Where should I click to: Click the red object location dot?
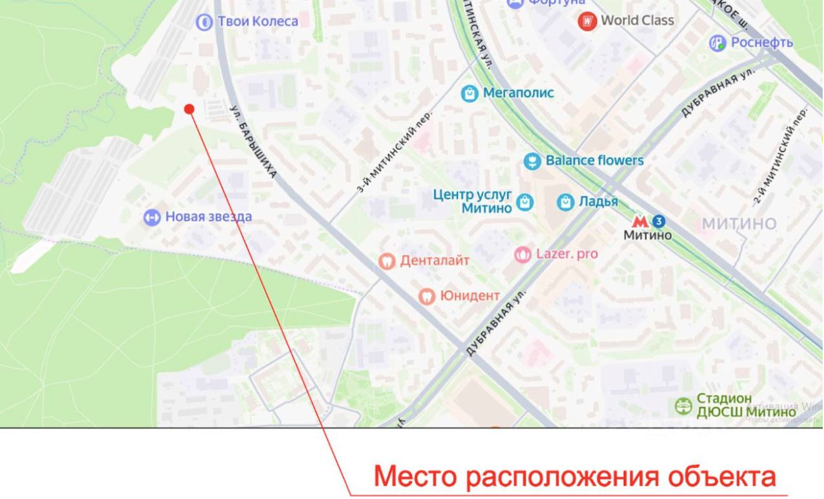[189, 109]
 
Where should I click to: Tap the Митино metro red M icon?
[640, 222]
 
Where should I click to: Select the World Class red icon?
[587, 21]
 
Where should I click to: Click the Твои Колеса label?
[258, 21]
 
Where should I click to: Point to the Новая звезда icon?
[152, 217]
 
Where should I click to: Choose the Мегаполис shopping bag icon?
[469, 93]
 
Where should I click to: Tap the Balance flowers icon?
[531, 161]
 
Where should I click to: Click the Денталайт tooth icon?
[387, 261]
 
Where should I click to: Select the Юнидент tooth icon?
[426, 296]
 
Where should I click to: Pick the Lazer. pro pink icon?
[522, 255]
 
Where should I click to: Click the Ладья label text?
[598, 202]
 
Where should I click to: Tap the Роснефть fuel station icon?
[717, 43]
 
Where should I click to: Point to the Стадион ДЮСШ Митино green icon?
[683, 406]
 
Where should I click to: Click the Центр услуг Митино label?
[473, 201]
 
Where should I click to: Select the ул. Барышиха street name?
[254, 142]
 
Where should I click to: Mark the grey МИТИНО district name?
[739, 224]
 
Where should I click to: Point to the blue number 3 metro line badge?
[659, 222]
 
